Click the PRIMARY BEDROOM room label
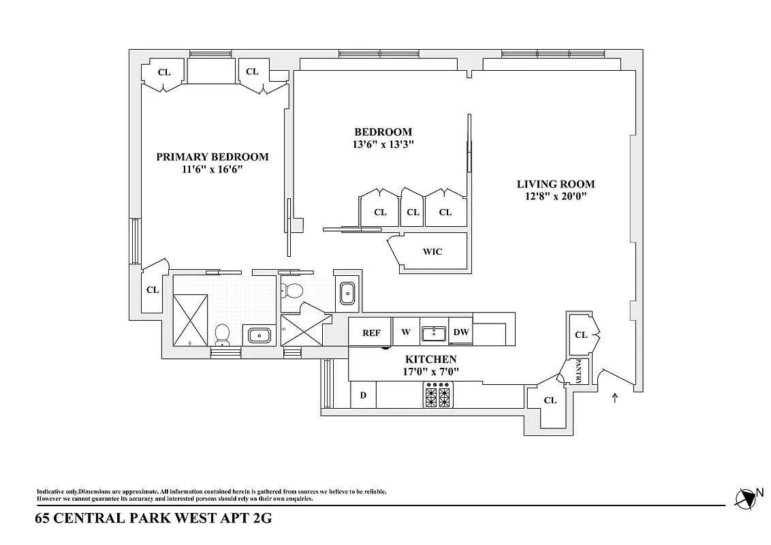click(x=212, y=157)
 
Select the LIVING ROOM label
click(x=555, y=184)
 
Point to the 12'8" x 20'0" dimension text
click(x=555, y=197)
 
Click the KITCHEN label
click(x=430, y=359)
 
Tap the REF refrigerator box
click(x=371, y=332)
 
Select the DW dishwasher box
click(x=461, y=332)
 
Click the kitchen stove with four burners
click(x=439, y=394)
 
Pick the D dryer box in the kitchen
click(x=363, y=395)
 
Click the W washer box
click(x=406, y=332)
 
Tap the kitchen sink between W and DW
click(x=433, y=332)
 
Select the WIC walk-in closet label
click(x=432, y=251)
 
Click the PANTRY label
click(x=578, y=371)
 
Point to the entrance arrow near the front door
click(x=615, y=398)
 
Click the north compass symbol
click(x=747, y=498)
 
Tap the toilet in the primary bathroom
click(x=222, y=334)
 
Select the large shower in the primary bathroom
click(x=191, y=320)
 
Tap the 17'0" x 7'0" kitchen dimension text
click(x=430, y=372)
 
